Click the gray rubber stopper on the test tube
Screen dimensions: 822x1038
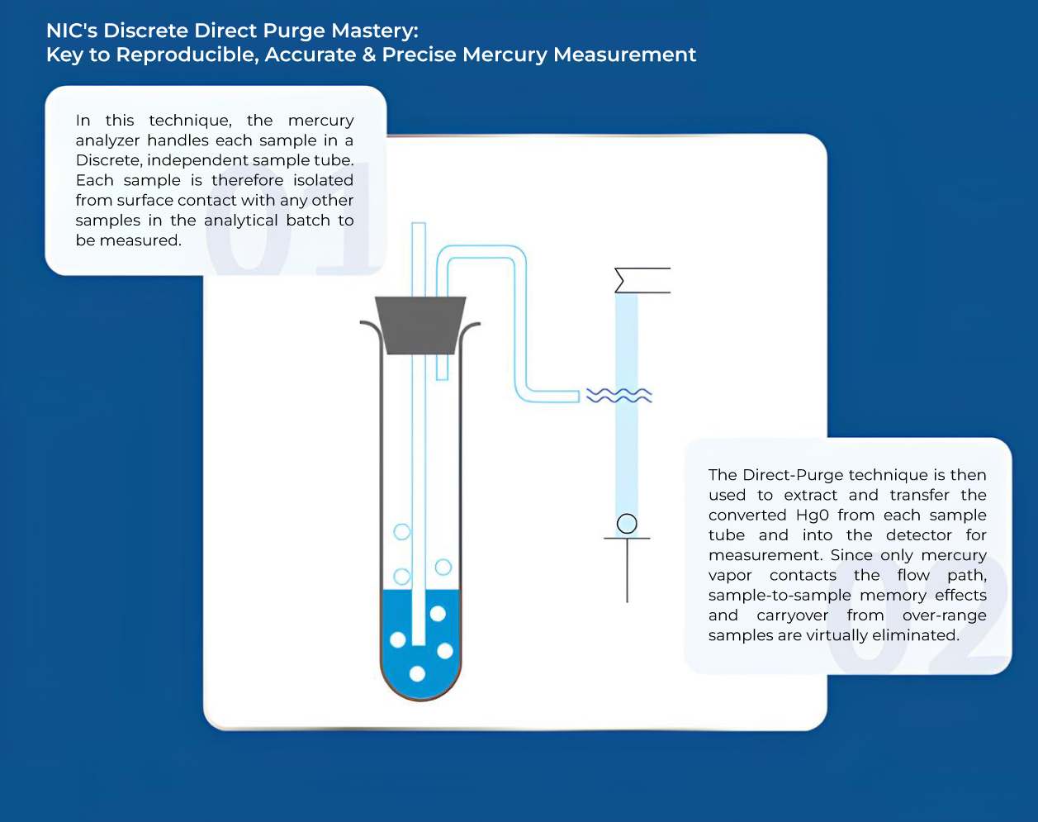pyautogui.click(x=420, y=325)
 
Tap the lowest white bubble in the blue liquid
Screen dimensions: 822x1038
pyautogui.click(x=417, y=674)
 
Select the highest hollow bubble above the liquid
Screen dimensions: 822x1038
pyautogui.click(x=402, y=532)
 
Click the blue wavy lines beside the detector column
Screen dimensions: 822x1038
pyautogui.click(x=619, y=396)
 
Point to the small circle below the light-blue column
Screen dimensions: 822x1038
pyautogui.click(x=627, y=524)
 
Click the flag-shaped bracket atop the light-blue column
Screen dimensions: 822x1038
pyautogui.click(x=642, y=281)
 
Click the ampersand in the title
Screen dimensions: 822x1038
pyautogui.click(x=368, y=55)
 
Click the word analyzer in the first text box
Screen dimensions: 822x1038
pyautogui.click(x=108, y=140)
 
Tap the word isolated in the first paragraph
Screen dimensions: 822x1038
pyautogui.click(x=323, y=180)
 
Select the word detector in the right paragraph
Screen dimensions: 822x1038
pyautogui.click(x=919, y=535)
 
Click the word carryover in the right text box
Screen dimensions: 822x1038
pyautogui.click(x=792, y=615)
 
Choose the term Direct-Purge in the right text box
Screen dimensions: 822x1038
pyautogui.click(x=794, y=475)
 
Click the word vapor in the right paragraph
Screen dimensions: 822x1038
pyautogui.click(x=730, y=576)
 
